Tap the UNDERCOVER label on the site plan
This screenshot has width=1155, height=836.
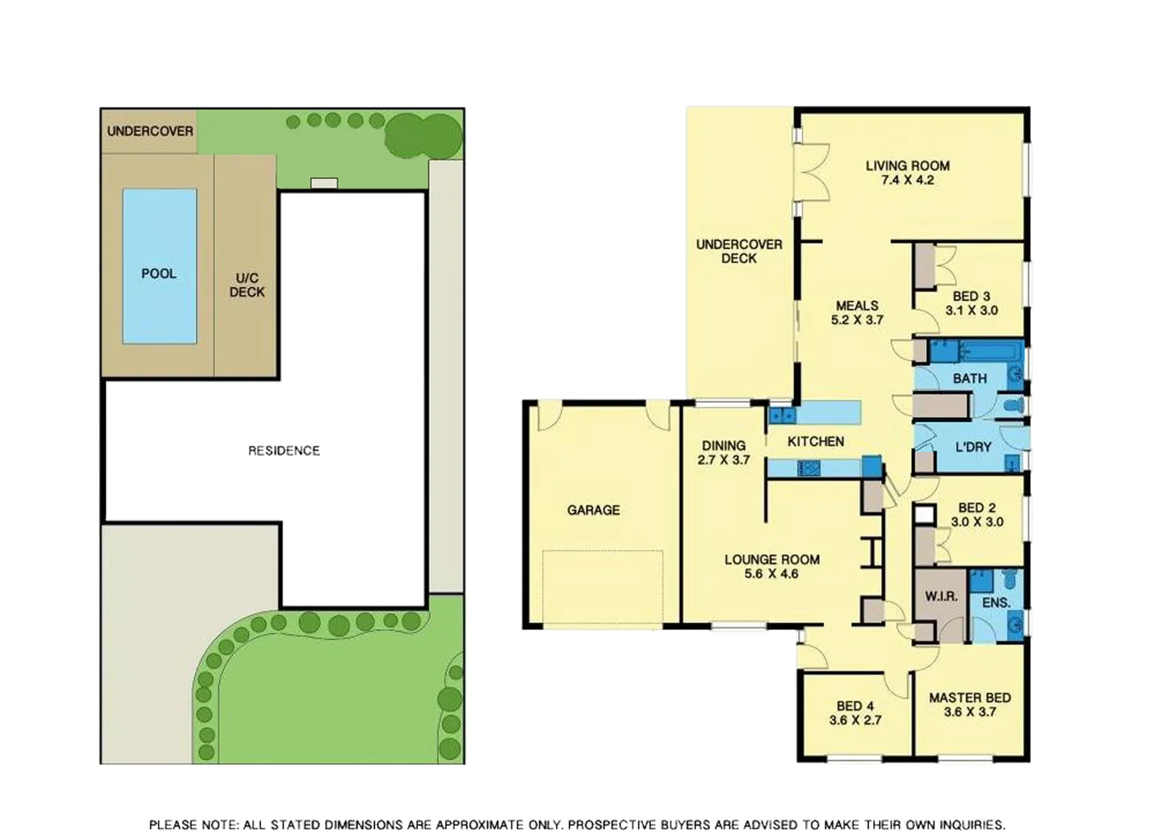point(149,131)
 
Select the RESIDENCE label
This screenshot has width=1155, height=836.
point(283,451)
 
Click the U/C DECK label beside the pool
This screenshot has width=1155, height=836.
point(247,285)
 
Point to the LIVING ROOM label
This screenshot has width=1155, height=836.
point(907,166)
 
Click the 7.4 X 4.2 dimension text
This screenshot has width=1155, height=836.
point(907,180)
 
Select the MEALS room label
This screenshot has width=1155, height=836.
point(857,306)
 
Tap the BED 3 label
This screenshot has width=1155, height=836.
point(971,296)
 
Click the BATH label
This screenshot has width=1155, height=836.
point(969,379)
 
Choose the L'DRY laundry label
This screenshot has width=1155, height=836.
point(973,447)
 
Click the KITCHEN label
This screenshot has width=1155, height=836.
point(815,441)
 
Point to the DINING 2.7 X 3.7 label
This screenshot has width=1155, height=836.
point(724,453)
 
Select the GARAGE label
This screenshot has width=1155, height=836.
point(593,510)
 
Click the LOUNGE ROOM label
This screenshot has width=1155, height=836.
point(772,560)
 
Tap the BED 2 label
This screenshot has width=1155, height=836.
point(976,508)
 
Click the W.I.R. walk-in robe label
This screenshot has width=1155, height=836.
point(941,597)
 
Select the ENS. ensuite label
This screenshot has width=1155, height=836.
point(996,602)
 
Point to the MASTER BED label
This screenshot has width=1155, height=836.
point(969,697)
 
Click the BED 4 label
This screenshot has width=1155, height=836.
point(855,706)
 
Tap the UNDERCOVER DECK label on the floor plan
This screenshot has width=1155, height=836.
point(739,252)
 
